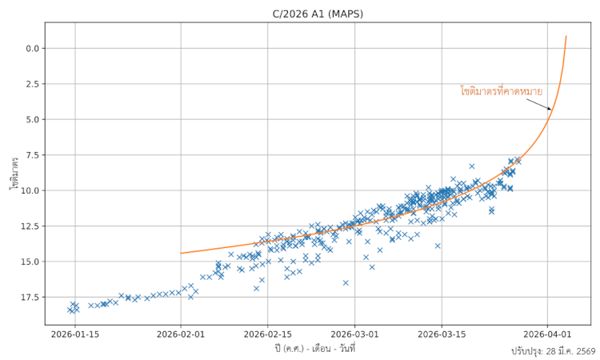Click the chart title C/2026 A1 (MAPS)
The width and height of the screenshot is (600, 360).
tap(318, 13)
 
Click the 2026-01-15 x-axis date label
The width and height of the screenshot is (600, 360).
tap(75, 334)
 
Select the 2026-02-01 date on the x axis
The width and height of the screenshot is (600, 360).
tap(181, 334)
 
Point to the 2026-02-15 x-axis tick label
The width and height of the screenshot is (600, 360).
tap(268, 334)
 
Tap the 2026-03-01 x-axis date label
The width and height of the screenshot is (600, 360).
tap(354, 334)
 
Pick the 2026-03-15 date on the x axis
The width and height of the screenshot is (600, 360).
tap(442, 334)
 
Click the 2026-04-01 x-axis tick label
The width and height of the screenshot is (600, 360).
tap(547, 334)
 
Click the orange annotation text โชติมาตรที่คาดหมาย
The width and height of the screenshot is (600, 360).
tap(501, 91)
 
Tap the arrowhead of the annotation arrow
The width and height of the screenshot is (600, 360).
tap(550, 109)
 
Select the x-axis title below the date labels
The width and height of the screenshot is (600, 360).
tap(314, 348)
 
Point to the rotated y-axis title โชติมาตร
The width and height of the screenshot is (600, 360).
tap(14, 173)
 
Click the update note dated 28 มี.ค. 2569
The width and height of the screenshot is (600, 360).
tap(553, 351)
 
